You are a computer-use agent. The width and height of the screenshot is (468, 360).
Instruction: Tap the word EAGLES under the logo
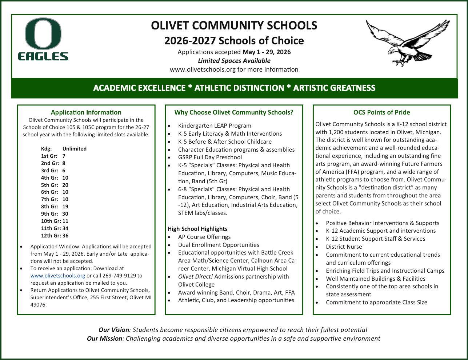(43, 56)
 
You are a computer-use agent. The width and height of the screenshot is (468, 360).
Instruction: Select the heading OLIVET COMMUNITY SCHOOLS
(234, 26)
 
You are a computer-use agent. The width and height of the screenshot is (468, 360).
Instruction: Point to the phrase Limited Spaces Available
(234, 61)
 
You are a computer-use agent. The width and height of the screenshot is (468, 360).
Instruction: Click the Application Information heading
(86, 112)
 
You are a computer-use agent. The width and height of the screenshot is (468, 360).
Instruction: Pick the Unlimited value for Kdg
(74, 149)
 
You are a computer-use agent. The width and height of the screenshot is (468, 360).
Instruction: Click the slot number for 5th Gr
(65, 185)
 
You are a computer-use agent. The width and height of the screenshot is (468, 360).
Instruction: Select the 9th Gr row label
(49, 214)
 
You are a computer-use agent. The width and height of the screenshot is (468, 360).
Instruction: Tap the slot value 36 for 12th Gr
(65, 236)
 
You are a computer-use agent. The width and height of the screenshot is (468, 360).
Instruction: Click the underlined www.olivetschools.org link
(57, 276)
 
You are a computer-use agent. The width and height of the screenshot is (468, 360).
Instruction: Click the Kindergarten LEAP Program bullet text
(215, 126)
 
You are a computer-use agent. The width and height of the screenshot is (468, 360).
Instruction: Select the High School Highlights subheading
(197, 229)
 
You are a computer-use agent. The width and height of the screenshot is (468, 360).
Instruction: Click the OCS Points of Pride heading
(381, 112)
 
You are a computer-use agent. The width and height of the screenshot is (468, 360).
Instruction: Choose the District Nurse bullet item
(344, 247)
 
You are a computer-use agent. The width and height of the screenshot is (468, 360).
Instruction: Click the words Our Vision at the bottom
(113, 330)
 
